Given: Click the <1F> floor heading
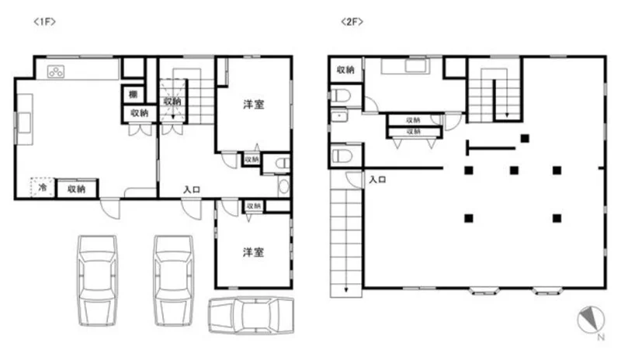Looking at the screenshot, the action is (x=45, y=22).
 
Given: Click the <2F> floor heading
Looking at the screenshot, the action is (x=352, y=22).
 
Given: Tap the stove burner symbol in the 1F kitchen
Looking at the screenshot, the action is (x=56, y=71).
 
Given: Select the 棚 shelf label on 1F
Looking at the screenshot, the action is (x=133, y=94).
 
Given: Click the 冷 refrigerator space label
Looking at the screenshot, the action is (x=43, y=187).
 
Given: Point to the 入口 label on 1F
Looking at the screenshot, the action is (x=192, y=190).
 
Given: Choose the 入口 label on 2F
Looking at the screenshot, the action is (x=377, y=179).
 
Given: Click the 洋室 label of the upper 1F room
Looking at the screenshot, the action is (x=254, y=105).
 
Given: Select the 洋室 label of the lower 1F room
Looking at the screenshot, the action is (x=254, y=252).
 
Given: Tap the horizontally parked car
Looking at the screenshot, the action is (x=252, y=315).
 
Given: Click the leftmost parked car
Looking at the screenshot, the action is (x=98, y=280).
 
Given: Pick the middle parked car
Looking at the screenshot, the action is (x=173, y=280).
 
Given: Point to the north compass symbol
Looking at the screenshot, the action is (x=592, y=320).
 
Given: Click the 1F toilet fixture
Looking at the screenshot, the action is (x=283, y=163).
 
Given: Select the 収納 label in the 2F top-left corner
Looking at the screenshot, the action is (x=345, y=70).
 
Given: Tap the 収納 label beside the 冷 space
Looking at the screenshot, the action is (x=76, y=189).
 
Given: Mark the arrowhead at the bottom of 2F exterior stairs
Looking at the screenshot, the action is (x=346, y=289).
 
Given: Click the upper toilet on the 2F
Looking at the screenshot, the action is (x=341, y=95).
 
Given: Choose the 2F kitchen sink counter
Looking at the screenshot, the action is (x=405, y=66).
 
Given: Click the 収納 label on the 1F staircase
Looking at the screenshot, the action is (x=172, y=102).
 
